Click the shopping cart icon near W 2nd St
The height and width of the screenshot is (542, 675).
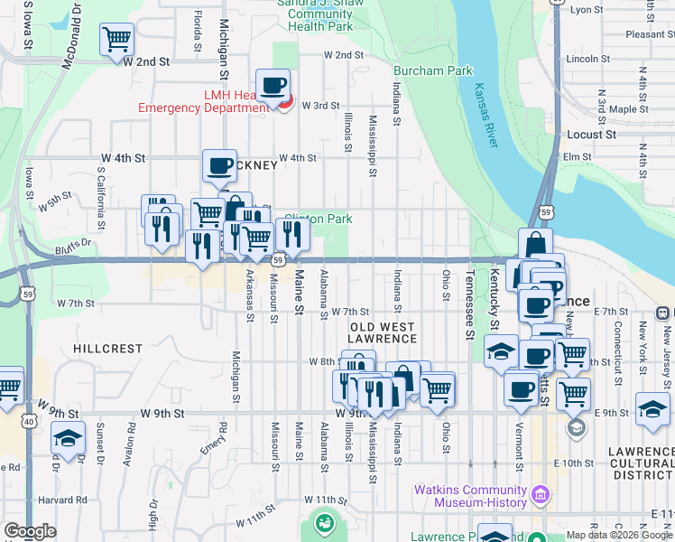point(117,40)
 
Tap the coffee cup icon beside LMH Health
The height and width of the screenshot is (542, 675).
point(273,86)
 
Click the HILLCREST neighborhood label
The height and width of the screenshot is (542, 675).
point(107,349)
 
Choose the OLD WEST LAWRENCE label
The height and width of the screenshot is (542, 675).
point(382,332)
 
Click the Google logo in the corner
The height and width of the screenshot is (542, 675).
point(31,531)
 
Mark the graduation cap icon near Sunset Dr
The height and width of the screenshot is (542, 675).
point(67,438)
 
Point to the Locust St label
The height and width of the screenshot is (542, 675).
point(591,135)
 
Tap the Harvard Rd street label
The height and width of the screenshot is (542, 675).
point(62,500)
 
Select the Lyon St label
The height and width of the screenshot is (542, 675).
point(587,10)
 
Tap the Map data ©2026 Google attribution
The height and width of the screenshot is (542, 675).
point(619,535)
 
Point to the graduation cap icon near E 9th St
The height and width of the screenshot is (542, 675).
point(652,408)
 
